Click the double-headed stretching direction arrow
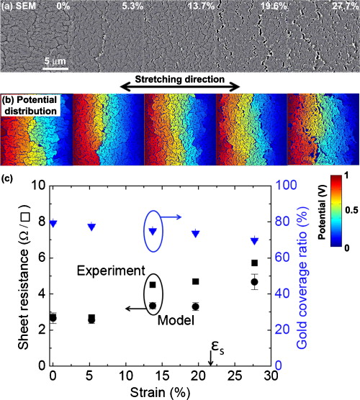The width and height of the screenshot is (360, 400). point(179,87)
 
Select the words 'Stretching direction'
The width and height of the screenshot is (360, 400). point(179,78)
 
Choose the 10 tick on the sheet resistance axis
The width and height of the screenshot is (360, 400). point(37,186)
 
